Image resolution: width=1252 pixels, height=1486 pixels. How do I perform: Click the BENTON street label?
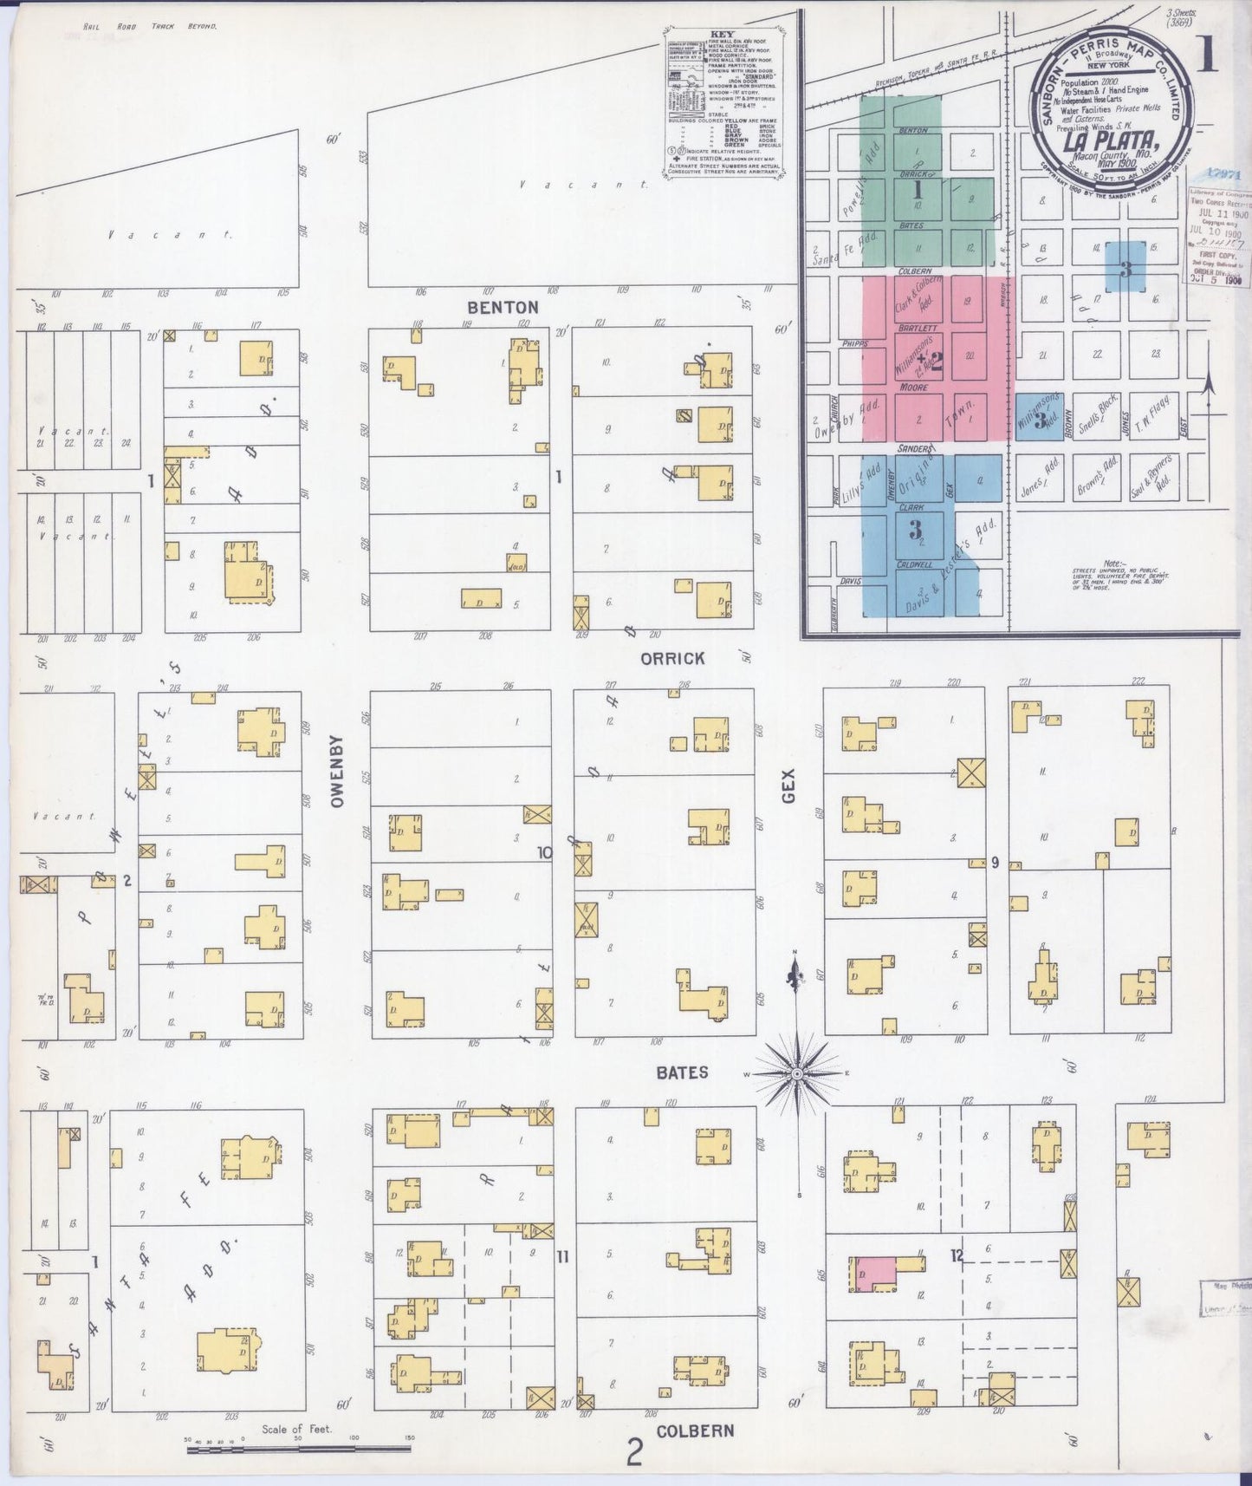503,307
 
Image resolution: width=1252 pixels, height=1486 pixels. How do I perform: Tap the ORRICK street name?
672,659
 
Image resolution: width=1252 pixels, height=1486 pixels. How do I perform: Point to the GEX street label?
788,786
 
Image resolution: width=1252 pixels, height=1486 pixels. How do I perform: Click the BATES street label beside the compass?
682,1072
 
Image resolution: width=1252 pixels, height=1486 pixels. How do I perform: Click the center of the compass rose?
796,1074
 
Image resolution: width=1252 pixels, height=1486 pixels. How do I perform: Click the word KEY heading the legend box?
721,36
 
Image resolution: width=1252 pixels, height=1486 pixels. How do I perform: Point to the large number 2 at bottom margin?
634,1452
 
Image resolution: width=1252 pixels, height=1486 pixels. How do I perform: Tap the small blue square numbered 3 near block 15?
1125,268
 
